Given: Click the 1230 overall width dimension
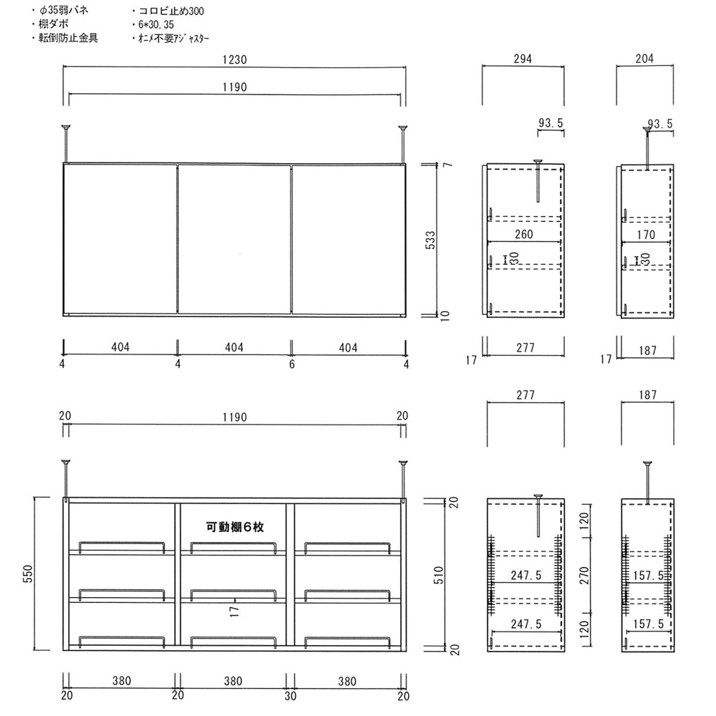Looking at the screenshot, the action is coord(235,60).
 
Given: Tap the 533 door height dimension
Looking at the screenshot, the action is coord(430,240).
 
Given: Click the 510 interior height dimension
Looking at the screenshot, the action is coord(438,575).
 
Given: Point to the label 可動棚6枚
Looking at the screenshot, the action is coord(235,527).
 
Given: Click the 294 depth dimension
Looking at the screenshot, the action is coord(523,59).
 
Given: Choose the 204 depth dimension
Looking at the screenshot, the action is coord(644,59).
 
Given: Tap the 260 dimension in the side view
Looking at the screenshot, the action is coord(524,234).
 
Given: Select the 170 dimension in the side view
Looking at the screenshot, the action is coord(646,235).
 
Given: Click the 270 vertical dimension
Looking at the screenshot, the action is coord(584,576).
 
